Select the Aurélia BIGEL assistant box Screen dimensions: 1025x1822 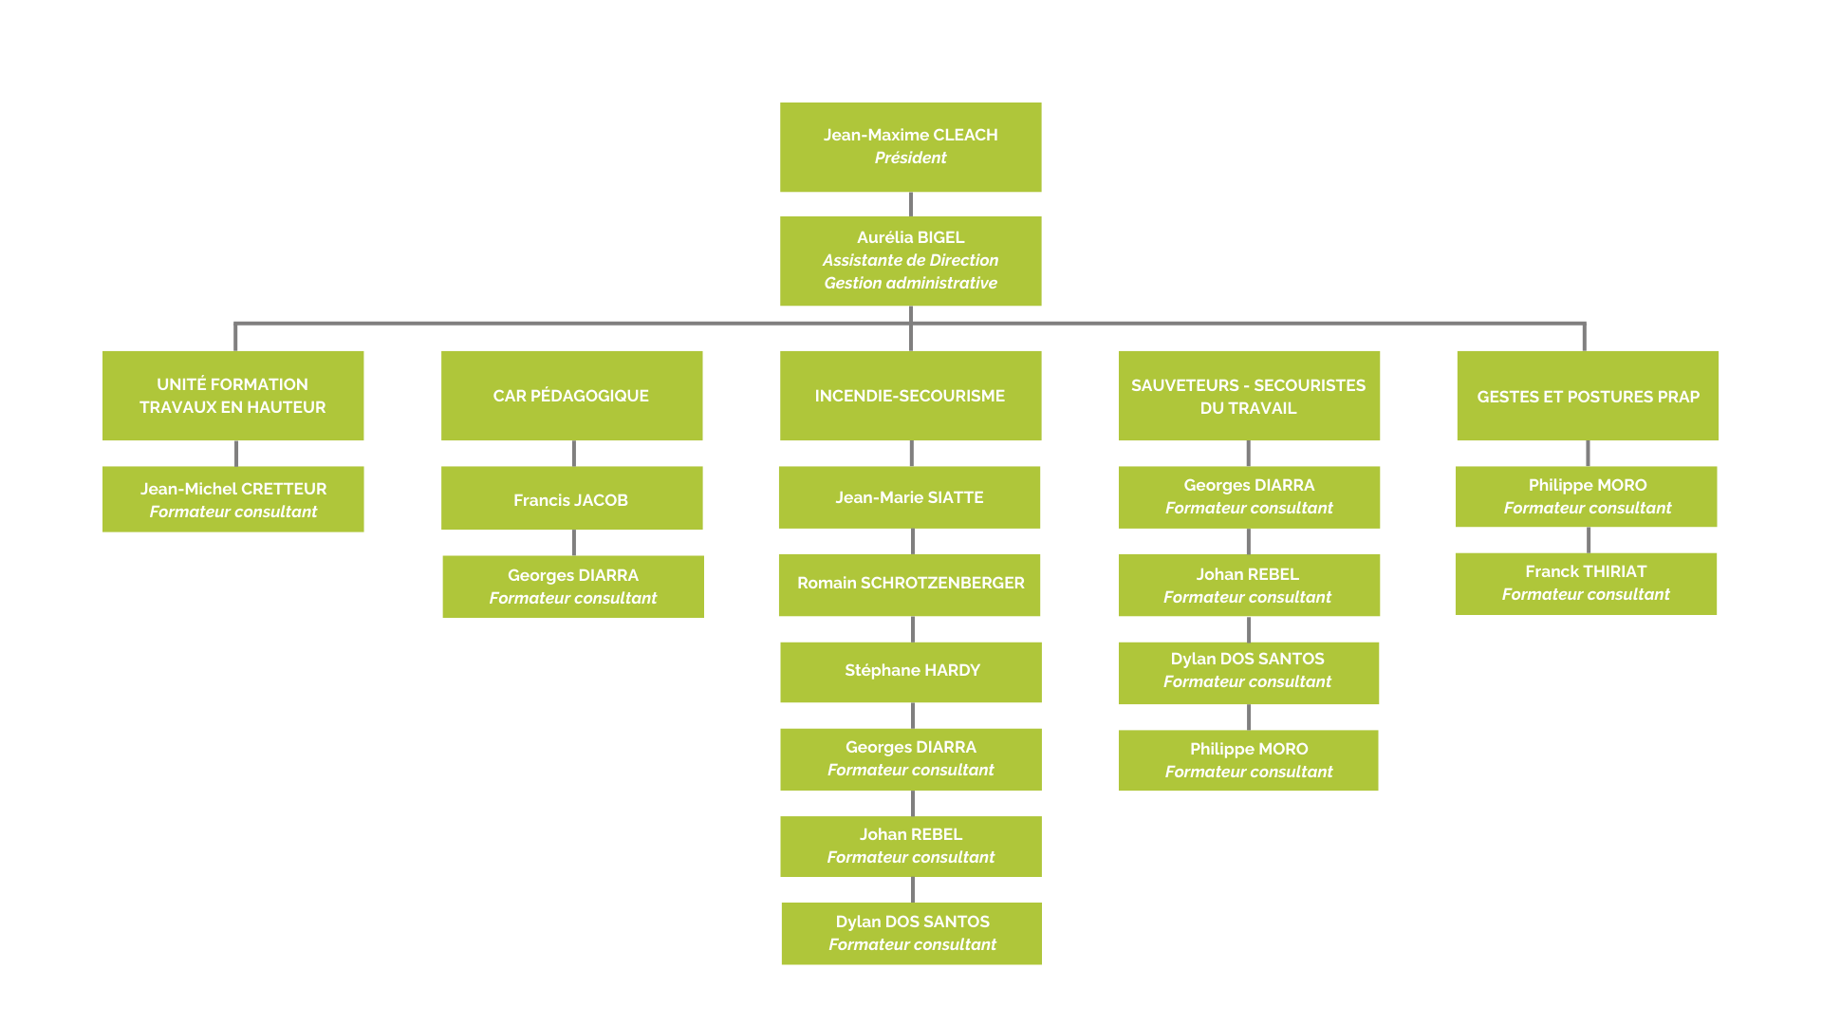tap(910, 261)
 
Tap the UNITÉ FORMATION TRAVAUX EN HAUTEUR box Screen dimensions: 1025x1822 tap(232, 396)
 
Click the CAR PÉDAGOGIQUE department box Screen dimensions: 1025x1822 tap(571, 396)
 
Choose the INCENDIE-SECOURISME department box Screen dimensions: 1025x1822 tap(910, 396)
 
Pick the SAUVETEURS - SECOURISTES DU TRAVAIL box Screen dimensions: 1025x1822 tap(1248, 396)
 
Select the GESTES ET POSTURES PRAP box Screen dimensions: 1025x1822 tap(1588, 396)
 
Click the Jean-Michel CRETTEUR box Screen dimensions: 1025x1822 tap(232, 499)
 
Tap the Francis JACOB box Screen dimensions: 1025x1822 tap(571, 499)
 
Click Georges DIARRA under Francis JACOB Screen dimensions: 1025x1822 tap(573, 587)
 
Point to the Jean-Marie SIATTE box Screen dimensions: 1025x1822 tap(909, 497)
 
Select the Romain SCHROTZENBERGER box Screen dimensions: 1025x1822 tap(909, 584)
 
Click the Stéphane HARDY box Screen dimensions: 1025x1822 tap(911, 671)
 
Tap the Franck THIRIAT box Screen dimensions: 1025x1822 tap(1586, 583)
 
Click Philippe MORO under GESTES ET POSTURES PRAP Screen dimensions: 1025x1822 tap(1587, 496)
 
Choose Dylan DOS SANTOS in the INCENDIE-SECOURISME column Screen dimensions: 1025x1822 tap(911, 933)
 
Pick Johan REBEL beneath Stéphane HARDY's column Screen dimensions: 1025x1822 tap(911, 846)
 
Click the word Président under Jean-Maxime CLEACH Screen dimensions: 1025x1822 tap(910, 158)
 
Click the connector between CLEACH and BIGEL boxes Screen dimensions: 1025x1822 tap(911, 204)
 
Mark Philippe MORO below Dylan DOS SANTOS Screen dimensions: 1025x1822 tap(1248, 760)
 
